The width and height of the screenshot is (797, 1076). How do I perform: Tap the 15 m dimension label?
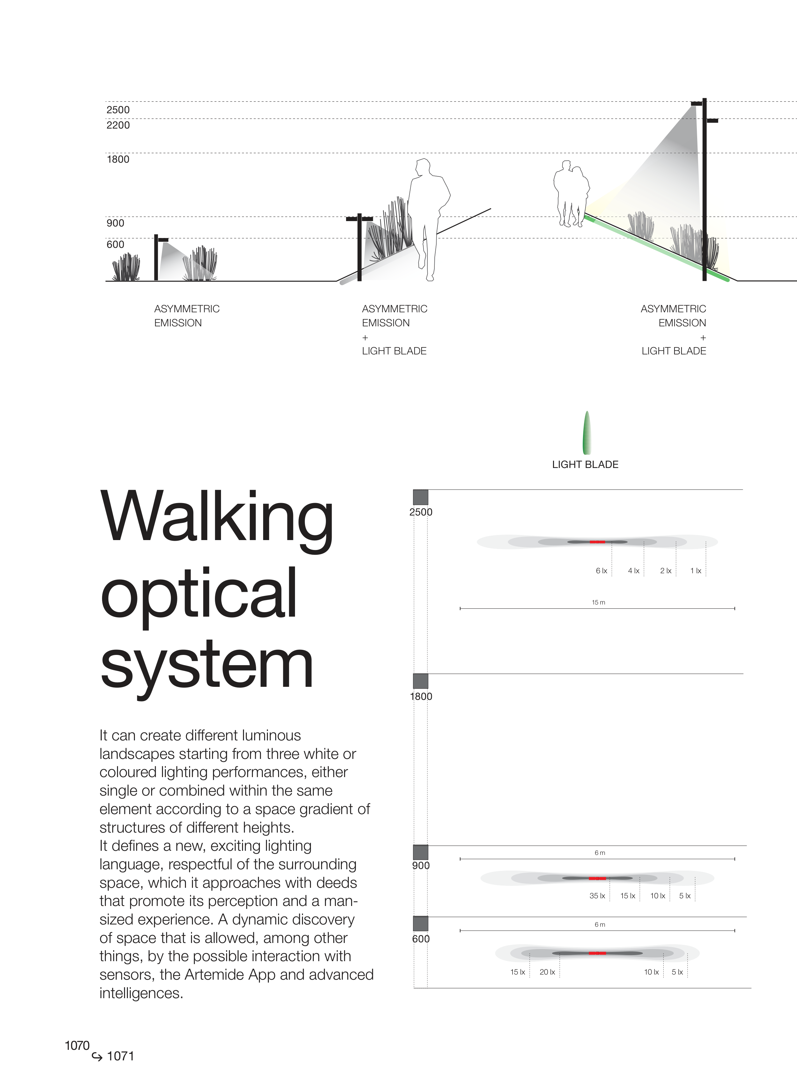pos(598,602)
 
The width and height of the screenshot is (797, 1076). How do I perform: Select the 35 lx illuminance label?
pos(597,895)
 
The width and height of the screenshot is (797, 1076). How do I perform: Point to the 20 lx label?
pos(547,972)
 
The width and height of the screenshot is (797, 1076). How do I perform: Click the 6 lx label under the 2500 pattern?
pos(601,571)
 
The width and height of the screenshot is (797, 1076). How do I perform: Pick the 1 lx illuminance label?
pos(695,571)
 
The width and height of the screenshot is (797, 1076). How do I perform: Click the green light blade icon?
pos(587,433)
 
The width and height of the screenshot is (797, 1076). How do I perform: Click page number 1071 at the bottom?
pos(120,1056)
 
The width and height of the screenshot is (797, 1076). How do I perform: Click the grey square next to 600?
pos(421,924)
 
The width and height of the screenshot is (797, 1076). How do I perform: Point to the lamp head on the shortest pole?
pos(163,240)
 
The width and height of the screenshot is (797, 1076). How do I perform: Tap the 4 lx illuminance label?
pos(633,571)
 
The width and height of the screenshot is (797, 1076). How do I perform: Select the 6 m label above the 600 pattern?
pos(600,924)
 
